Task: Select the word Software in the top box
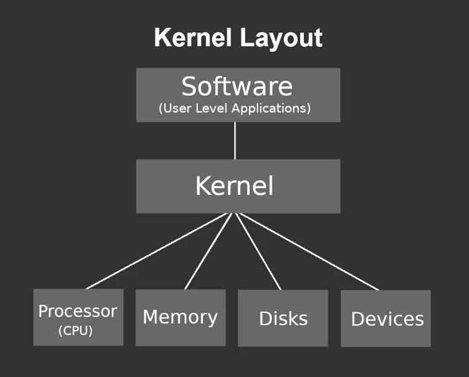pos(237,86)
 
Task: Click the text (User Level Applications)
pos(235,108)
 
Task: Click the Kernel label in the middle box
pos(234,186)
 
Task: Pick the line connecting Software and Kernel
pos(235,141)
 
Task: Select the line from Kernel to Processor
pos(159,251)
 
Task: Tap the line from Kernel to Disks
pos(258,251)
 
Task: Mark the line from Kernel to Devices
pos(306,251)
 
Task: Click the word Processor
pos(78,311)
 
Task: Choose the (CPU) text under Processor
pos(75,331)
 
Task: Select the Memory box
pos(181,318)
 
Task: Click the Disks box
pos(283,318)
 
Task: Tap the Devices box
pos(386,319)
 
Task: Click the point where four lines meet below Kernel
pos(234,213)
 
